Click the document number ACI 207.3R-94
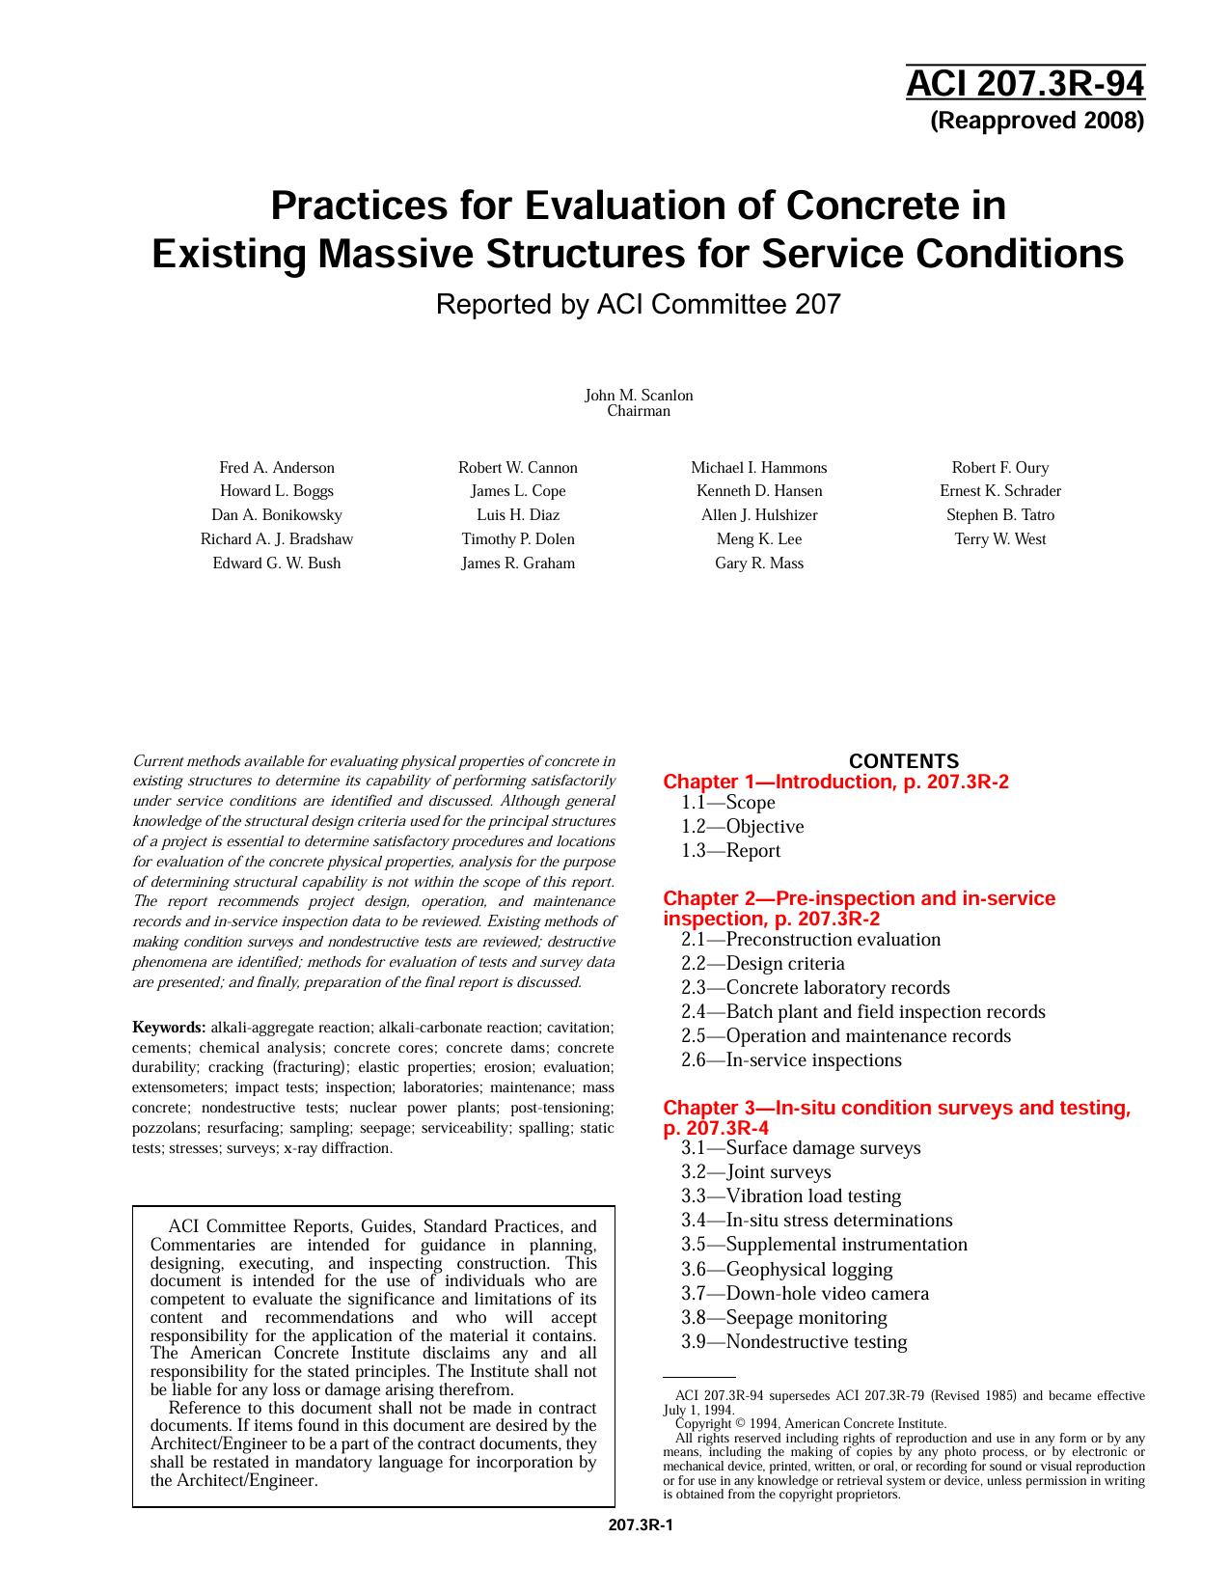(1025, 85)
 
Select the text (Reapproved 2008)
(1036, 121)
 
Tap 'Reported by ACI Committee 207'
(638, 305)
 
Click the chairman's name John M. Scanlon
(639, 396)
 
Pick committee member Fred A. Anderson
(277, 468)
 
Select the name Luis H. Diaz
(518, 515)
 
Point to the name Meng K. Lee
(759, 539)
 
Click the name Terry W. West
(1000, 539)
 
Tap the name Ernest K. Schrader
(1000, 491)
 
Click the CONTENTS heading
(904, 761)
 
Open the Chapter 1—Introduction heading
(835, 783)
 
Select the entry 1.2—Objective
(742, 827)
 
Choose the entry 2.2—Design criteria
(762, 964)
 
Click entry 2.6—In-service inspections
(791, 1060)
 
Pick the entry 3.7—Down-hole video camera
(805, 1294)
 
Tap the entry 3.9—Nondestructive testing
(794, 1342)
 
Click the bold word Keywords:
(169, 1028)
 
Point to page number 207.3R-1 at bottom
(641, 1525)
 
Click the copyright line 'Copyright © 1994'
(810, 1423)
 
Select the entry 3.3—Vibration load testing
(791, 1196)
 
